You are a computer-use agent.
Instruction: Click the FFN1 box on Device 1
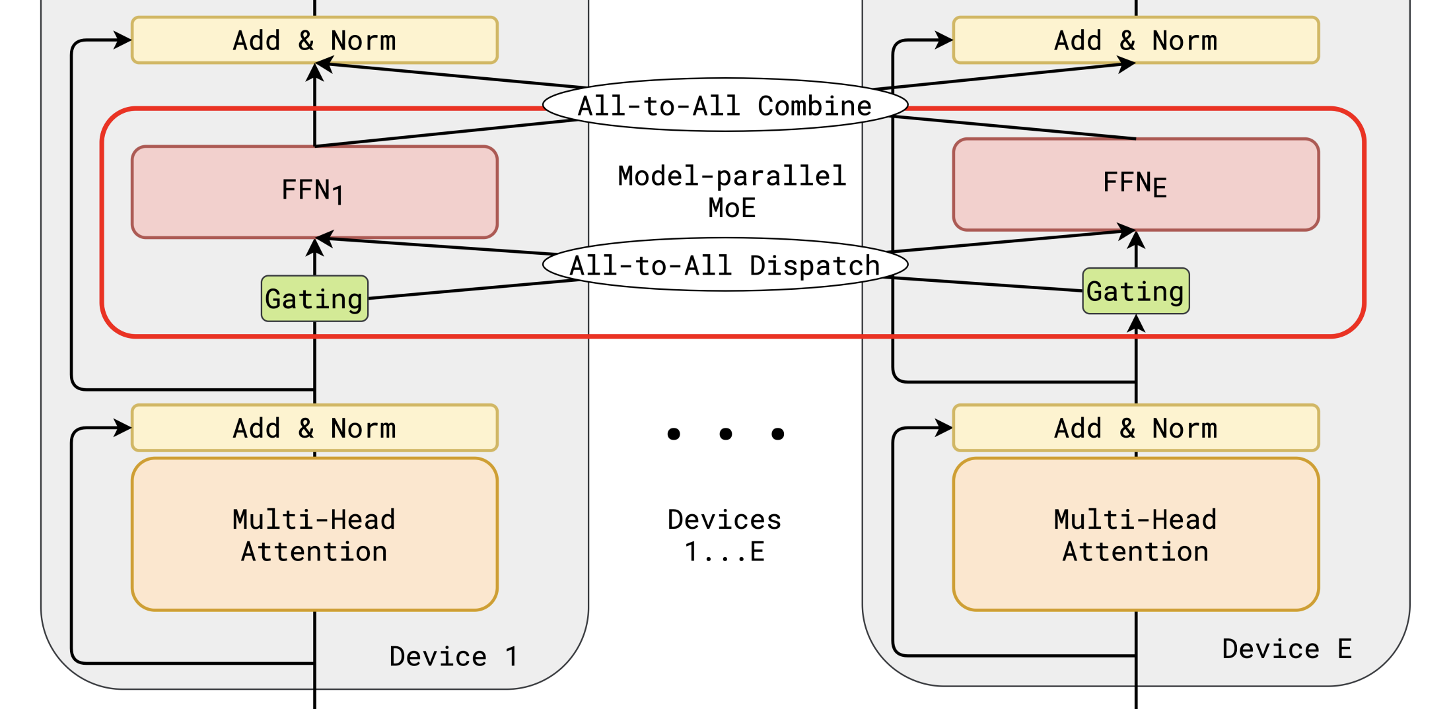314,191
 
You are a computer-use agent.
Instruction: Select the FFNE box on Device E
1135,184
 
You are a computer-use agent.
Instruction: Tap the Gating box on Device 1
314,299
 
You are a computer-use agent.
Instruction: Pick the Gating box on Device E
1135,291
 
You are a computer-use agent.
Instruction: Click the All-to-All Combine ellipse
725,106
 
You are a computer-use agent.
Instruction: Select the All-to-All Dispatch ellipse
725,265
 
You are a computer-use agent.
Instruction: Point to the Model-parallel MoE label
732,191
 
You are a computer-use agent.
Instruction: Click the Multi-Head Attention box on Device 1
314,535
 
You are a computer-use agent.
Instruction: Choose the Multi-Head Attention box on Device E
1135,535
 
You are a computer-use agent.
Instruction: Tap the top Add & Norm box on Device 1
314,40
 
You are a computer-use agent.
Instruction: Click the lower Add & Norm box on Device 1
314,428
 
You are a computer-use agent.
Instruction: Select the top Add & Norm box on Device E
1135,40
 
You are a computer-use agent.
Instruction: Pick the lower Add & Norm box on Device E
1135,428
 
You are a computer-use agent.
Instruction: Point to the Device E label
1287,649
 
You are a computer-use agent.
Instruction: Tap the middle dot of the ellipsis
725,434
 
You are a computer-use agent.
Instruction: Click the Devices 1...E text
725,535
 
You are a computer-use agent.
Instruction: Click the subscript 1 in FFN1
337,196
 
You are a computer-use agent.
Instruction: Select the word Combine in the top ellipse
814,106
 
